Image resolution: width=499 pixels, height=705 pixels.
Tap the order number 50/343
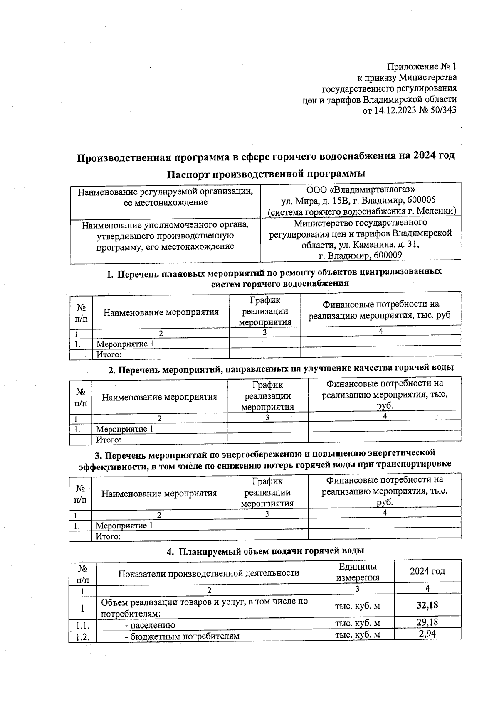point(441,111)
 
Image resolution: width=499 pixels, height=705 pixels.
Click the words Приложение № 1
point(422,66)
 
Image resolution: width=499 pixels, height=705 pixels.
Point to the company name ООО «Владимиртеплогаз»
point(360,191)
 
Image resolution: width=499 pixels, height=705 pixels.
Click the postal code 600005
point(421,201)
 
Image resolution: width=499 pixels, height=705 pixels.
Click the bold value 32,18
point(427,605)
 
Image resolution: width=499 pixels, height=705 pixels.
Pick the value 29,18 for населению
point(427,622)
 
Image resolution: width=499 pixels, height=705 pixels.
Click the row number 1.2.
point(83,636)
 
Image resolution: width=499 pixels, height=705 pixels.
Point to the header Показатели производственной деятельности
point(209,573)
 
